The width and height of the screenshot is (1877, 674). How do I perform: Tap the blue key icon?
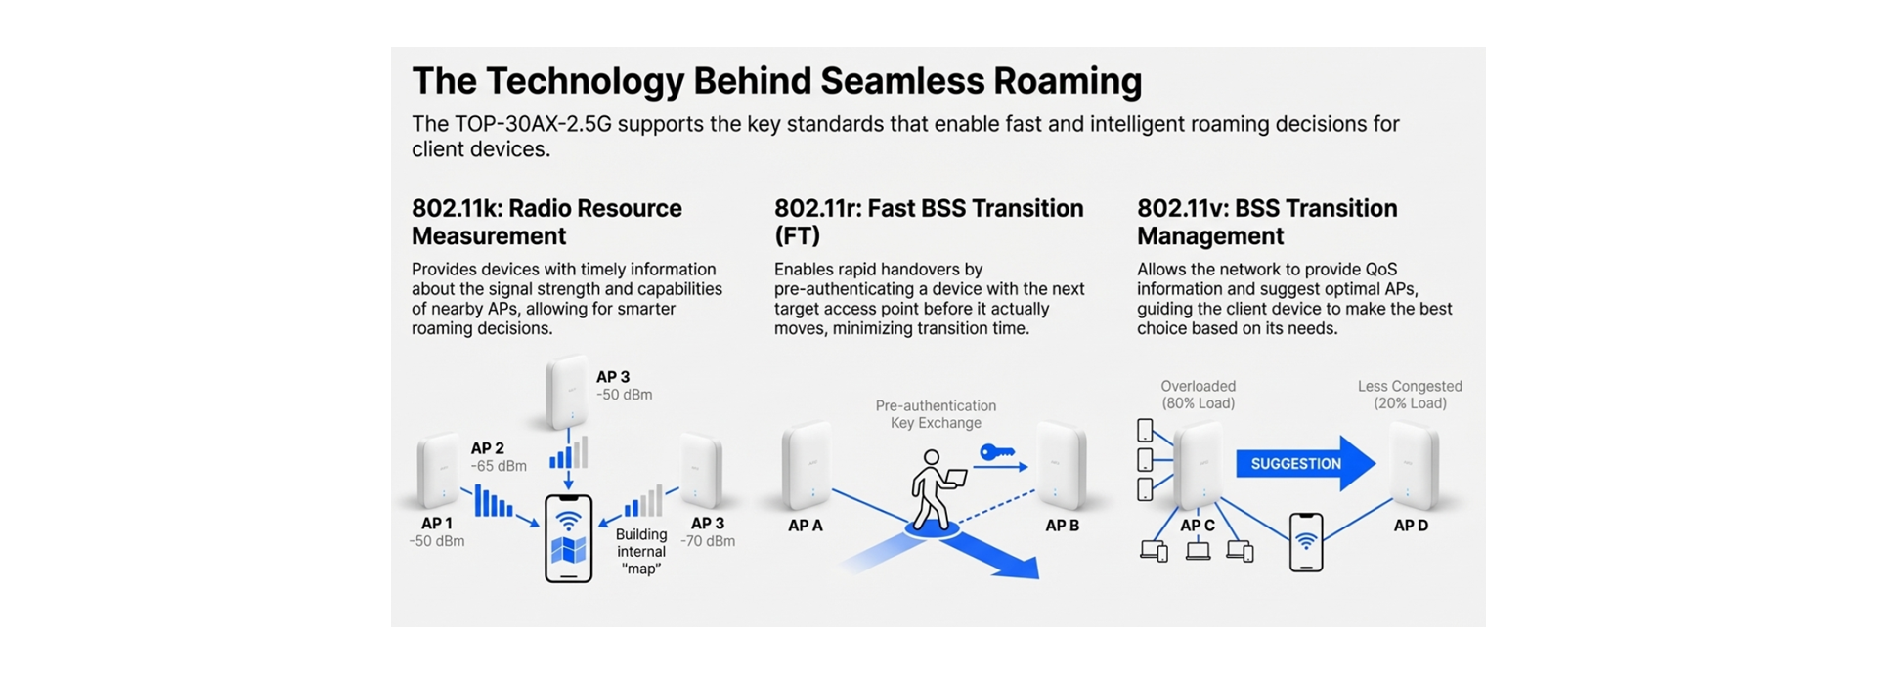pos(997,453)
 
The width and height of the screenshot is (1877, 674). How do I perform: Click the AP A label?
pos(806,526)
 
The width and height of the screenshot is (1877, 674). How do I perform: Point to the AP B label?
pos(1062,526)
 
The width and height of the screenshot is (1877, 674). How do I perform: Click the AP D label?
pos(1410,526)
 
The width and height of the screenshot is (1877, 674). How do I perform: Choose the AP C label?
pos(1197,526)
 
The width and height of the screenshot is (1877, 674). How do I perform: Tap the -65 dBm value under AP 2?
pos(499,467)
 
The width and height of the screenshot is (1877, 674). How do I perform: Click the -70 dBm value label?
pos(708,541)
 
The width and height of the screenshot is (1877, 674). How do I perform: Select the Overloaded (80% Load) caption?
pos(1198,395)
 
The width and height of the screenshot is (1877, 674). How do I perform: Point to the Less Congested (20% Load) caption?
pos(1410,395)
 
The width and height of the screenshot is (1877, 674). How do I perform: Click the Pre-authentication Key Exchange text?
pos(936,414)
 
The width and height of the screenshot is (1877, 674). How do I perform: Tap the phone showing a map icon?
pos(568,538)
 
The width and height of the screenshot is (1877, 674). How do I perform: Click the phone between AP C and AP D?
pos(1306,542)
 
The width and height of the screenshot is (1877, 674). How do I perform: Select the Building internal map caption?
pos(641,552)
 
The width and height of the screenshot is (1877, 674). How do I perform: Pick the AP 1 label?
pos(436,524)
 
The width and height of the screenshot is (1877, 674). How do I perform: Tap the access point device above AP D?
pos(1413,466)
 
